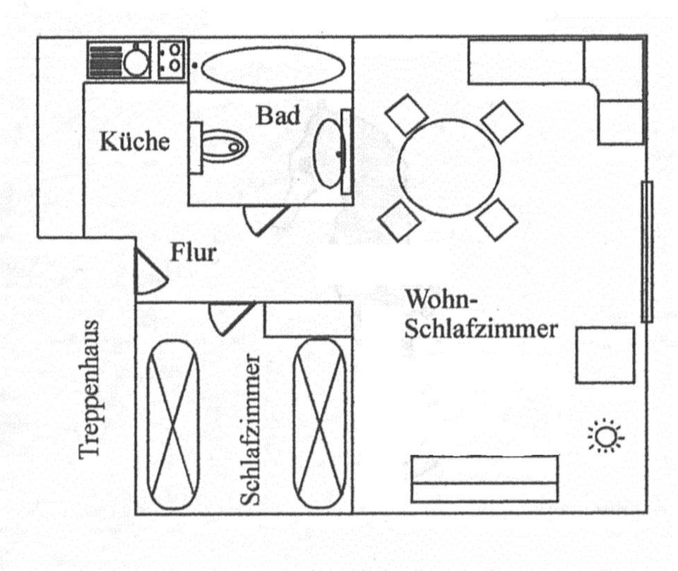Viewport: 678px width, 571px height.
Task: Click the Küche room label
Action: click(135, 141)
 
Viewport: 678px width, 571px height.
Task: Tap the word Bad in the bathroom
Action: click(278, 114)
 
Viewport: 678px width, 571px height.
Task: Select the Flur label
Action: click(192, 252)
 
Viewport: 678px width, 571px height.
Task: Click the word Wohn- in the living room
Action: click(442, 300)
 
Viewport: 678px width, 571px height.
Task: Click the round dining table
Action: click(448, 167)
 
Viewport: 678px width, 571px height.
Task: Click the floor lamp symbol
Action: click(605, 437)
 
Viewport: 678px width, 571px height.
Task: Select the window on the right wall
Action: click(646, 252)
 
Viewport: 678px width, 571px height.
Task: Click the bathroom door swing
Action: click(265, 218)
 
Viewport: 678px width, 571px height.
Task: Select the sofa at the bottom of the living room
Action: click(484, 478)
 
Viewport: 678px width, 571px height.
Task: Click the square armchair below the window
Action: click(605, 355)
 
